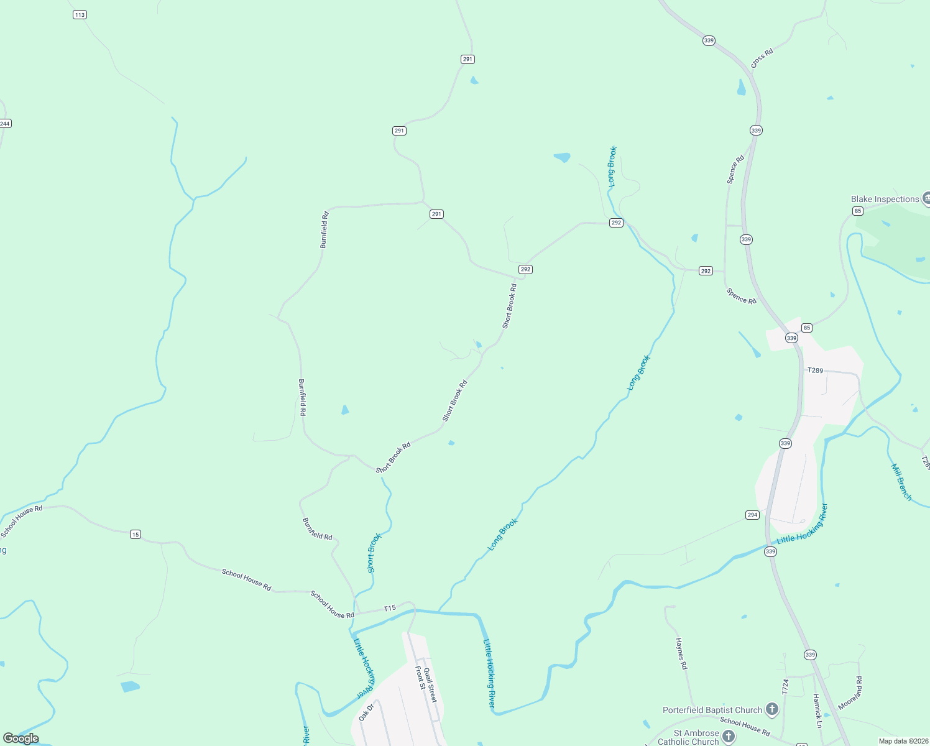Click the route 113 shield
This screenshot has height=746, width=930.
tap(80, 14)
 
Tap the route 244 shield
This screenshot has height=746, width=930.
tap(5, 124)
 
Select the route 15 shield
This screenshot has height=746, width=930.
tap(136, 535)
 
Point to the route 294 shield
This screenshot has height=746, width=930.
tap(752, 515)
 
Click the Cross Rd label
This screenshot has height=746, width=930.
tap(762, 58)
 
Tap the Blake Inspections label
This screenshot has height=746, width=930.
tap(885, 199)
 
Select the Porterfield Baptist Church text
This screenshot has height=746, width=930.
tap(712, 710)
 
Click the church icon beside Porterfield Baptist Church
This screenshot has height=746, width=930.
tap(771, 709)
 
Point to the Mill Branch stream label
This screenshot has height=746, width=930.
tap(901, 482)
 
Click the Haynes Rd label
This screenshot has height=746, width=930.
tap(681, 653)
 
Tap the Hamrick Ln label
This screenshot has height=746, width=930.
tap(817, 711)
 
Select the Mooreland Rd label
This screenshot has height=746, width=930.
tap(850, 693)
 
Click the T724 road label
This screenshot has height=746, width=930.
tap(785, 686)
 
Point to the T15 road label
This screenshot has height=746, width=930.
tap(390, 608)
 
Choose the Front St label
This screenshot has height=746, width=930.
tap(420, 678)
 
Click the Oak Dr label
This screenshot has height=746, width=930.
tap(366, 712)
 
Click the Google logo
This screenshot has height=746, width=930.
tap(21, 739)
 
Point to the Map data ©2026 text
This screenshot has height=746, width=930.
tap(903, 741)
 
